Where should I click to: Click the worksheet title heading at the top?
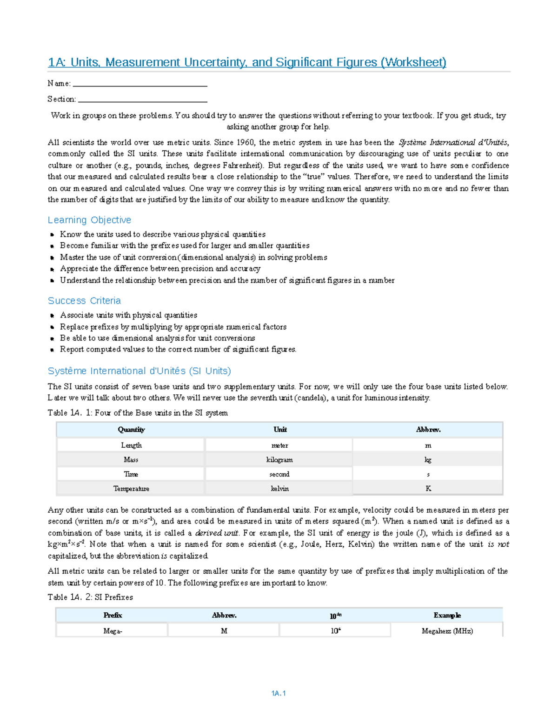coord(247,62)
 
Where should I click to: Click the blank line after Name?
coord(140,85)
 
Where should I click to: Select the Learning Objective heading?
coord(89,220)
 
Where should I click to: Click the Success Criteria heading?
coord(84,301)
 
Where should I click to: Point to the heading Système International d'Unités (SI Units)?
coord(139,371)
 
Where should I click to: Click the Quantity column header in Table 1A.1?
coord(131,430)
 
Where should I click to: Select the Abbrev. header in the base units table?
coord(428,430)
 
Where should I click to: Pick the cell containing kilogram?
coord(279,460)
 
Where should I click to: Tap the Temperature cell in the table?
coord(131,489)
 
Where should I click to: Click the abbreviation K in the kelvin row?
coord(428,489)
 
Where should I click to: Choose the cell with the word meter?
coord(279,445)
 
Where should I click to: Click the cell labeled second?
coord(279,474)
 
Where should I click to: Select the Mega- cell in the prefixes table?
coord(113,631)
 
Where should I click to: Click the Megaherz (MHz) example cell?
coord(447,631)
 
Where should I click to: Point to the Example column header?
coord(447,615)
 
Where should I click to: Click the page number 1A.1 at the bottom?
coord(278,693)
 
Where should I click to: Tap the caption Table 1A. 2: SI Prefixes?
coord(90,597)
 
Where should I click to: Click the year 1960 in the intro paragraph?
coord(246,143)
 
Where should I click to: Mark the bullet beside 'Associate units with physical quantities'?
coord(53,316)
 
